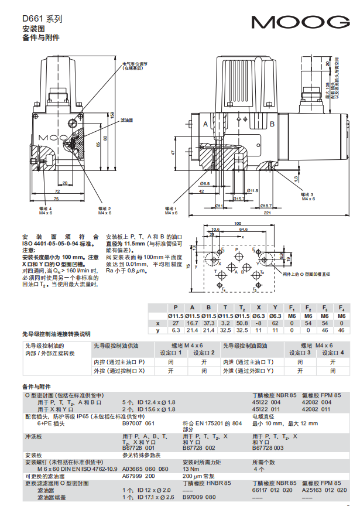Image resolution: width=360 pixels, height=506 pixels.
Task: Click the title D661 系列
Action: click(42, 19)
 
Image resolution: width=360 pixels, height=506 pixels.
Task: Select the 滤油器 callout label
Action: click(126, 119)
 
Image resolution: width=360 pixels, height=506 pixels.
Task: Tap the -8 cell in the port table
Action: click(258, 323)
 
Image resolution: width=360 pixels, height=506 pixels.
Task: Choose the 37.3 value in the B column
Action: click(208, 323)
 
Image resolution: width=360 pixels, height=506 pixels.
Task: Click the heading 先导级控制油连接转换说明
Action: click(56, 334)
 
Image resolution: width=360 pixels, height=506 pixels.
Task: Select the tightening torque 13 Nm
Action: click(191, 469)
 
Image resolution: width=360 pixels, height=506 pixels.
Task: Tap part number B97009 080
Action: click(199, 497)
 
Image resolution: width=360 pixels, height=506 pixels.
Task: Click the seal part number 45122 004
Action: click(266, 402)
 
